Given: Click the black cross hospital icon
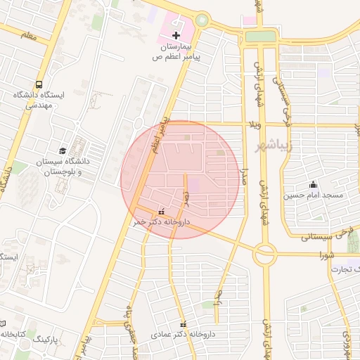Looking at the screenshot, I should click(176, 34).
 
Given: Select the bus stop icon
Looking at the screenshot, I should click(39, 82).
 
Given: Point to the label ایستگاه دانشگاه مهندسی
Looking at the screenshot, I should click(39, 99).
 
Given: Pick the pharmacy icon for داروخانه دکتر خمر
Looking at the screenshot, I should click(162, 211).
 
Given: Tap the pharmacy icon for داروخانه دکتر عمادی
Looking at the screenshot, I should click(184, 324).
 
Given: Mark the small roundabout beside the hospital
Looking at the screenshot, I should click(202, 20).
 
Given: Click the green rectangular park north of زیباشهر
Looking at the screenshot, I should click(259, 36).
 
